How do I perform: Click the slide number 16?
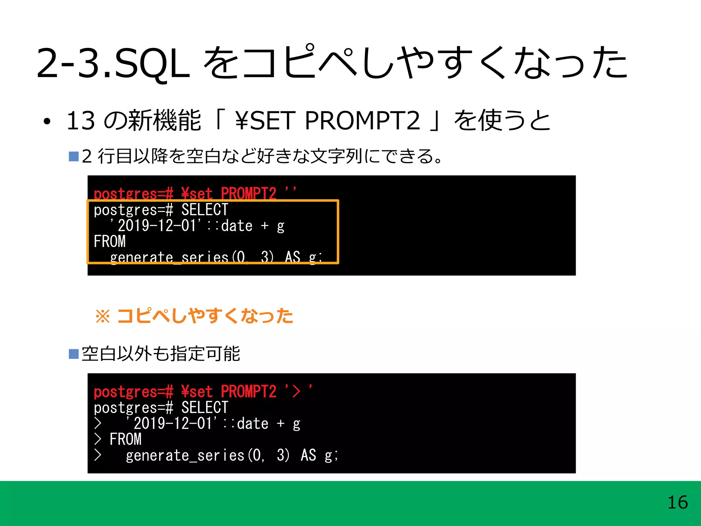point(677,502)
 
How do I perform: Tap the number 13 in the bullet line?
point(80,121)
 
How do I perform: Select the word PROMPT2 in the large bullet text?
point(362,121)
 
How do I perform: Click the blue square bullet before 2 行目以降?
point(74,156)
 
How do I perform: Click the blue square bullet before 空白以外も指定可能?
point(74,354)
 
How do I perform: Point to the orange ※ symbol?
point(103,316)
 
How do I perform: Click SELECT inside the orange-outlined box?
point(205,210)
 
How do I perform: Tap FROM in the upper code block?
point(110,242)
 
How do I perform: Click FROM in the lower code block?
point(125,439)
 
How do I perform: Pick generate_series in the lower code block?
point(185,455)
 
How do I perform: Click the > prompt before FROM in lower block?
point(98,439)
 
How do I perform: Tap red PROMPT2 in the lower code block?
point(248,392)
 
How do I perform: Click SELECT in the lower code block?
point(205,408)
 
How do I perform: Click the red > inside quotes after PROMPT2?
point(296,392)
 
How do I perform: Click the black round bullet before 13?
point(47,121)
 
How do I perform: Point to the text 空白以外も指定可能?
point(161,354)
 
